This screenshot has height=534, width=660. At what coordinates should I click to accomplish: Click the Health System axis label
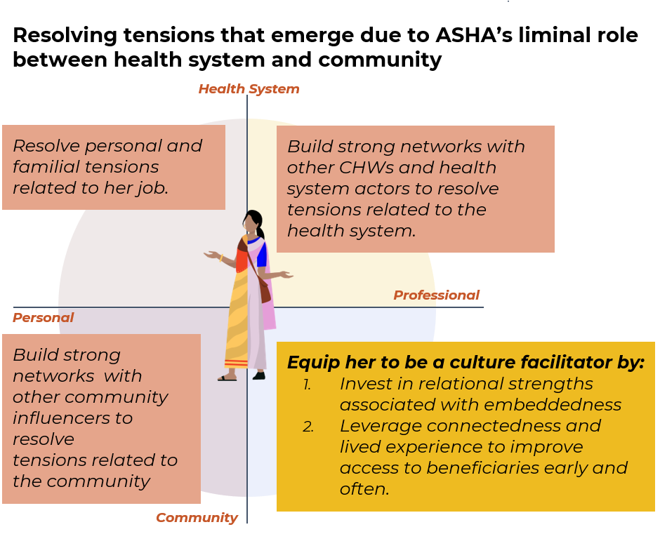[x=249, y=89]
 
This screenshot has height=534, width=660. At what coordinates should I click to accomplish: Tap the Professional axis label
[x=436, y=295]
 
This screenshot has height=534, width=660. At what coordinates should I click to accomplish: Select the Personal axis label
[x=43, y=318]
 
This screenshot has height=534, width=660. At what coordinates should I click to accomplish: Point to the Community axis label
[x=197, y=518]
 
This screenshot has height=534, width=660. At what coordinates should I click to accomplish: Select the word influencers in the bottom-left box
[x=72, y=418]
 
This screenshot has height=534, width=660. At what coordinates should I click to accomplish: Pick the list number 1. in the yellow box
[x=307, y=385]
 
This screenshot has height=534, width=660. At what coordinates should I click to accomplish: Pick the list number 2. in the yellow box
[x=308, y=427]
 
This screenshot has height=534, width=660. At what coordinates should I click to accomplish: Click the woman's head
[x=252, y=222]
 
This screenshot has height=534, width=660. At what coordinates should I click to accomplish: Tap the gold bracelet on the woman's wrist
[x=221, y=258]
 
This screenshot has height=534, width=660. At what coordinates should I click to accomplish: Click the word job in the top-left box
[x=152, y=188]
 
